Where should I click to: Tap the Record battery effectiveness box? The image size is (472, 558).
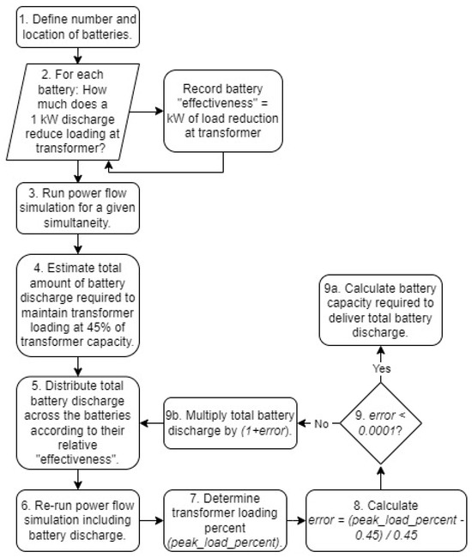point(223,111)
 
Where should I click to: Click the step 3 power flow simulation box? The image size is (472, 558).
point(76,207)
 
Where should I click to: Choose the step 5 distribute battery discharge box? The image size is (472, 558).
point(76,425)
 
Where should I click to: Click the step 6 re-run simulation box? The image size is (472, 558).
point(76,514)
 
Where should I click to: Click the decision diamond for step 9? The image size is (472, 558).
point(381,424)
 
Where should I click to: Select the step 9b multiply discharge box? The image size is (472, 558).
point(230,424)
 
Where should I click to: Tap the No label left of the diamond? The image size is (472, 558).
point(319,424)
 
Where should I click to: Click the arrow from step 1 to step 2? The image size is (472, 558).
point(76,55)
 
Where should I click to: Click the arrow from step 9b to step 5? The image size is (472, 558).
point(154,424)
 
